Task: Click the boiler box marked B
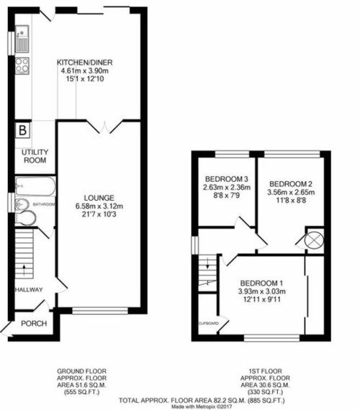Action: [x=23, y=129]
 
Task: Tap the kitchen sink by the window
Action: [x=22, y=39]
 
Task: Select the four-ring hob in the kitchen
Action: [x=22, y=65]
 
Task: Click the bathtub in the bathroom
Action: [x=35, y=186]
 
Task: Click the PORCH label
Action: [x=34, y=324]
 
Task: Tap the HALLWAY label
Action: [x=29, y=290]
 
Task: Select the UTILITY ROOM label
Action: [x=35, y=156]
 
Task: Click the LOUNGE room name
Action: [x=99, y=198]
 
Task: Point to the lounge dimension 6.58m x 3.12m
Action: [x=99, y=206]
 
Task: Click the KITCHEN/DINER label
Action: [x=85, y=63]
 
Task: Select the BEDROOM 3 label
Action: [x=227, y=179]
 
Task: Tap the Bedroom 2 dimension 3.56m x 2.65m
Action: [x=291, y=192]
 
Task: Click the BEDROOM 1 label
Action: [x=261, y=283]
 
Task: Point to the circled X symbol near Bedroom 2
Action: [x=314, y=240]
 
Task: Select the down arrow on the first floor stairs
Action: [x=207, y=263]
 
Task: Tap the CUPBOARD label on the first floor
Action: [x=209, y=324]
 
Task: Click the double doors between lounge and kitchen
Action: [x=104, y=127]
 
